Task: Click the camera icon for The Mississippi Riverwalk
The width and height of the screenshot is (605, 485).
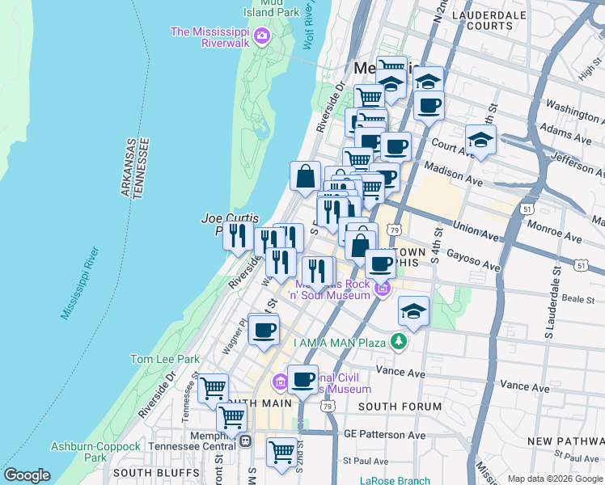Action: pyautogui.click(x=261, y=35)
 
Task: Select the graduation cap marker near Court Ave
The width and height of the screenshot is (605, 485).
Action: pyautogui.click(x=480, y=141)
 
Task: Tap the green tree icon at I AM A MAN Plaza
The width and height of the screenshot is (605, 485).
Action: pyautogui.click(x=398, y=342)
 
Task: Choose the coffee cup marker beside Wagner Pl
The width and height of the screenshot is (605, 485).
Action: pyautogui.click(x=264, y=331)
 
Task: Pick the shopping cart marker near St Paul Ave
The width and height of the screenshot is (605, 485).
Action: pyautogui.click(x=281, y=453)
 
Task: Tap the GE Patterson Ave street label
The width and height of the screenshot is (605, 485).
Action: pyautogui.click(x=383, y=435)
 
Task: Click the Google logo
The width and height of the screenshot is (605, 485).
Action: pyautogui.click(x=27, y=475)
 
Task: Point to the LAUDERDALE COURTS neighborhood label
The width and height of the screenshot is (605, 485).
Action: pyautogui.click(x=489, y=20)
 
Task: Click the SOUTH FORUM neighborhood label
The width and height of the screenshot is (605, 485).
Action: pyautogui.click(x=400, y=407)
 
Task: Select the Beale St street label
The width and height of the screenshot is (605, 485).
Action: pyautogui.click(x=578, y=298)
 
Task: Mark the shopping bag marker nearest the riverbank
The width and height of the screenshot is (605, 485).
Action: pyautogui.click(x=306, y=177)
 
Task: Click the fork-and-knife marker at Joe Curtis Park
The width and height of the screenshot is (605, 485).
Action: pyautogui.click(x=237, y=237)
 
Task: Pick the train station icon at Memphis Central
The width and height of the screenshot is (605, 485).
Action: pyautogui.click(x=245, y=441)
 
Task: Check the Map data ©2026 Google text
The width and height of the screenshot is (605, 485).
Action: pyautogui.click(x=554, y=479)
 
